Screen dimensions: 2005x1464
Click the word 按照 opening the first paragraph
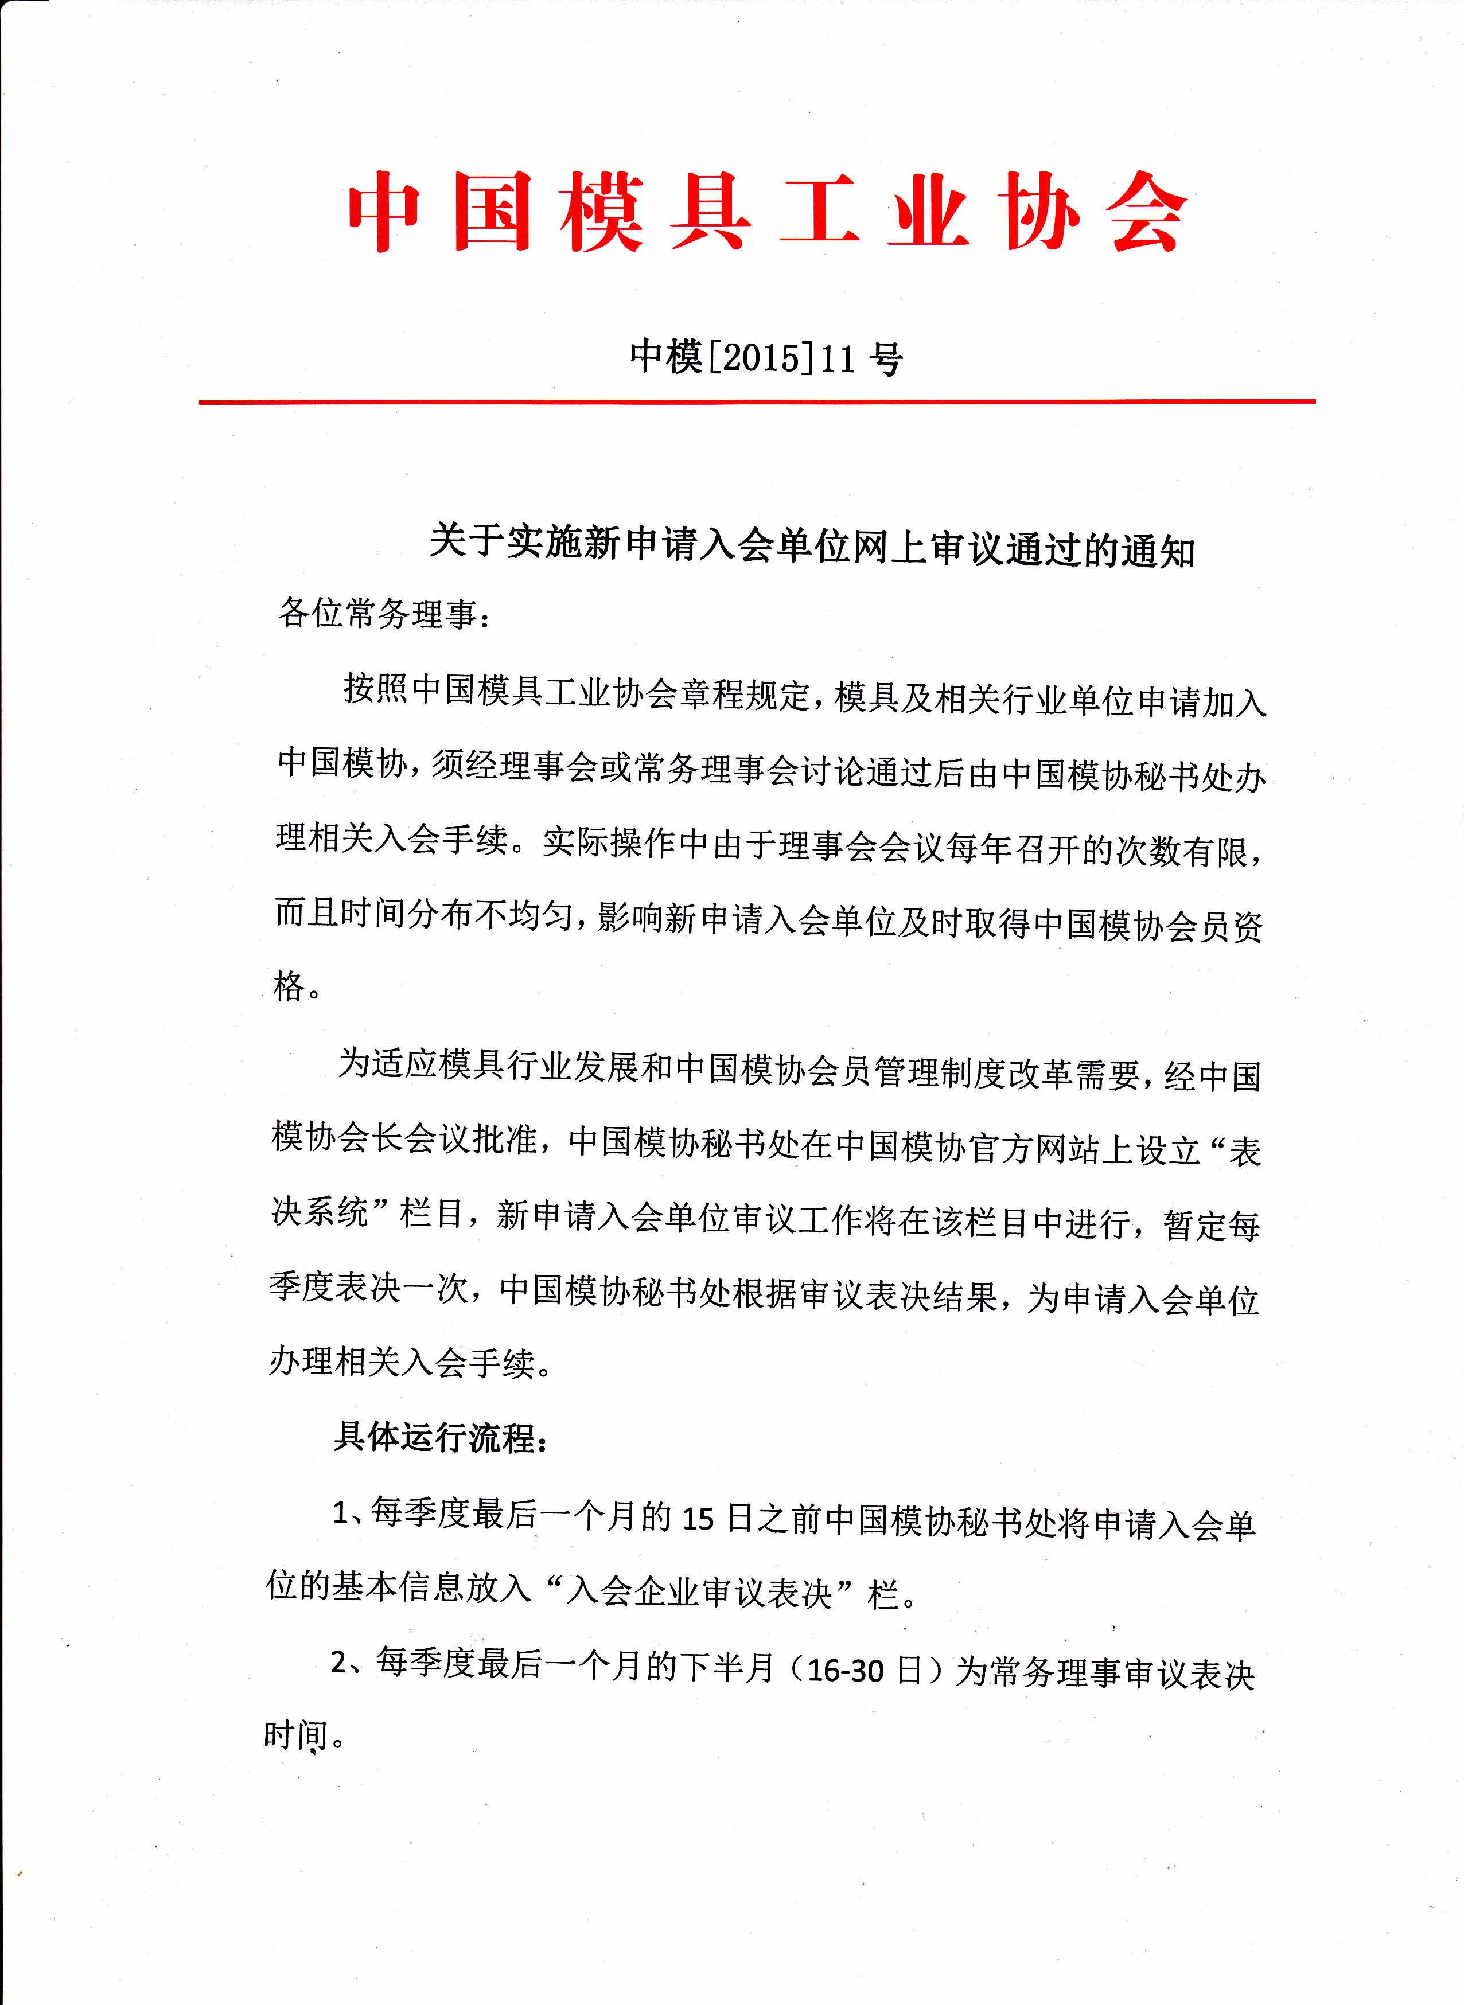pyautogui.click(x=377, y=688)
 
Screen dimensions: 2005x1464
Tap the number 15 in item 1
pyautogui.click(x=698, y=1519)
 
